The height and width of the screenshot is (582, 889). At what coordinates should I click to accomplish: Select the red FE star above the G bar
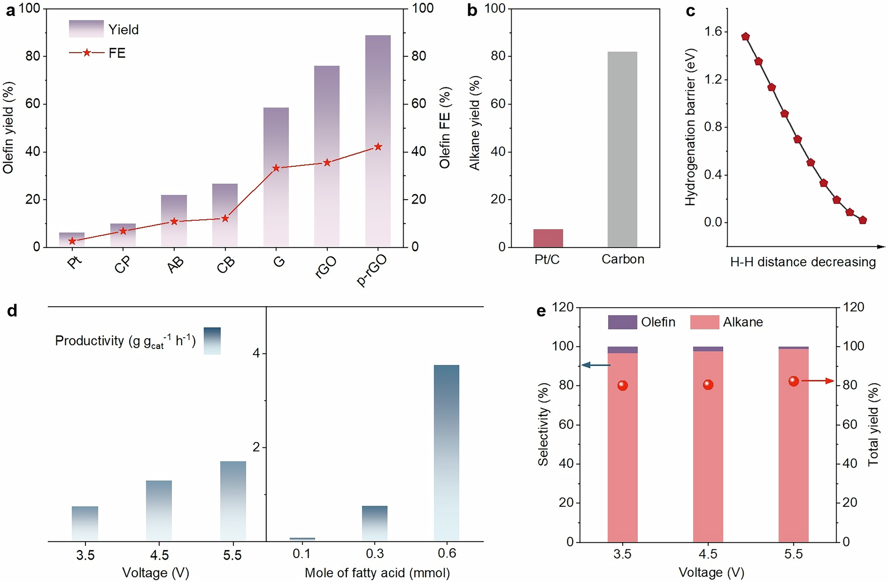276,168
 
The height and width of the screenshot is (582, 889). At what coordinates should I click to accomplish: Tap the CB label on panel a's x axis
226,265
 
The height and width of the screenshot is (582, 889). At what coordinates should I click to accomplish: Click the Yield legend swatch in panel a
86,29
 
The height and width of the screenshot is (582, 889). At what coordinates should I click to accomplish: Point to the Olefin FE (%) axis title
445,128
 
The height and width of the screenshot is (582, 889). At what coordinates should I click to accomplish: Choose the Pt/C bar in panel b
548,238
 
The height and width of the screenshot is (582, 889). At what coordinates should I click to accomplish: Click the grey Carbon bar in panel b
622,149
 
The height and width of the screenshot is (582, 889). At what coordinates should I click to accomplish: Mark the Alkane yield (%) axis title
475,123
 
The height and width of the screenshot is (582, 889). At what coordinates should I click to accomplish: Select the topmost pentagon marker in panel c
745,36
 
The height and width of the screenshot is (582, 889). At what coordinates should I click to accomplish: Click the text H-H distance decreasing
803,262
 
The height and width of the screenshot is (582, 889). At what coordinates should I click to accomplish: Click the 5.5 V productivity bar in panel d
233,501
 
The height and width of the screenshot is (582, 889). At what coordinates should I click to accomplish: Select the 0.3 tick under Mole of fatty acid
375,554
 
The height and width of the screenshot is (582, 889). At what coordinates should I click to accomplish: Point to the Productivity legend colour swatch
212,341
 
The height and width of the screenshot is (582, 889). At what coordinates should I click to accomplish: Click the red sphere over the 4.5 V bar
708,385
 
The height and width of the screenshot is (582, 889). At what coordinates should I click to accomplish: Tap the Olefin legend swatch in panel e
622,322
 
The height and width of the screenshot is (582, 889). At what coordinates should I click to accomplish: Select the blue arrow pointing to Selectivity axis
596,365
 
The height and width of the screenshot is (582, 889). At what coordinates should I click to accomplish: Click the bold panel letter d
12,311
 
